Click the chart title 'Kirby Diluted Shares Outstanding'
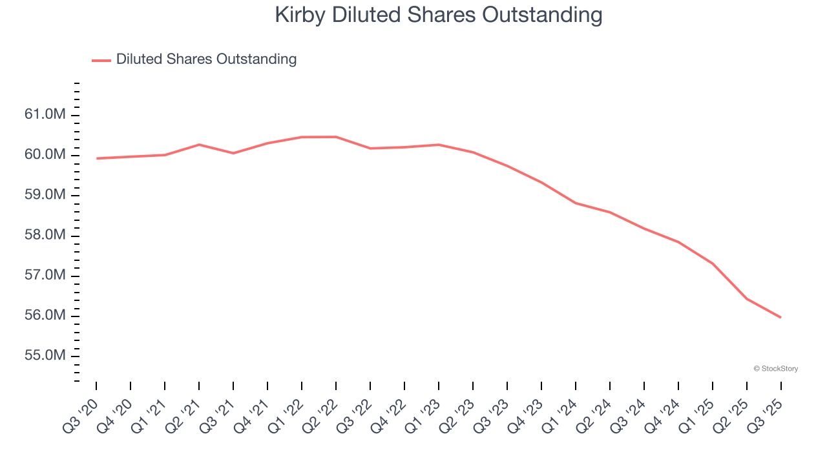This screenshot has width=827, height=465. point(439,15)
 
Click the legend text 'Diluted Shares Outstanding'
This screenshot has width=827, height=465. point(206,59)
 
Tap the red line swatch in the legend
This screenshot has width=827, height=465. point(101,60)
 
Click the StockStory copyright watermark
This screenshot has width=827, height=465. point(775,369)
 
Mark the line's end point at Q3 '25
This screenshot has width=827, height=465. point(780,317)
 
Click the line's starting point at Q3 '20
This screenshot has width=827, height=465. point(96,158)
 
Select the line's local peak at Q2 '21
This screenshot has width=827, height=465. point(199,145)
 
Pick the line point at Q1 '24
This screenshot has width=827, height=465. point(576,203)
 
